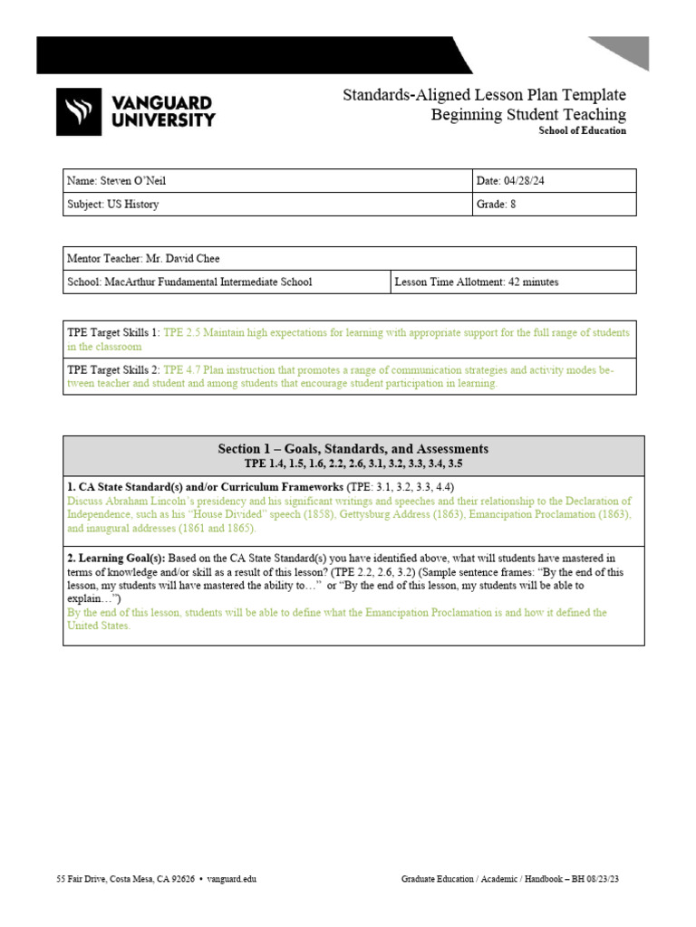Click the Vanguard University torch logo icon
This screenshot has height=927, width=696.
click(x=73, y=111)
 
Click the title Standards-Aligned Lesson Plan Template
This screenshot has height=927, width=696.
click(x=484, y=95)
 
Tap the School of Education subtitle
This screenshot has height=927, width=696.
click(x=582, y=130)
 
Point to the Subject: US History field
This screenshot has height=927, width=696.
click(x=113, y=205)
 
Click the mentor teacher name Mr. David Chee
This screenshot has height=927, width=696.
click(x=181, y=258)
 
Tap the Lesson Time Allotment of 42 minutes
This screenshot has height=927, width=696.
click(x=477, y=282)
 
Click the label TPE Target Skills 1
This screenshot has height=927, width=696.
click(x=112, y=333)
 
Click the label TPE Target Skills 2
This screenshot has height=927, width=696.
click(x=112, y=370)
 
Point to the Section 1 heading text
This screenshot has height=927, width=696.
click(x=353, y=448)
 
